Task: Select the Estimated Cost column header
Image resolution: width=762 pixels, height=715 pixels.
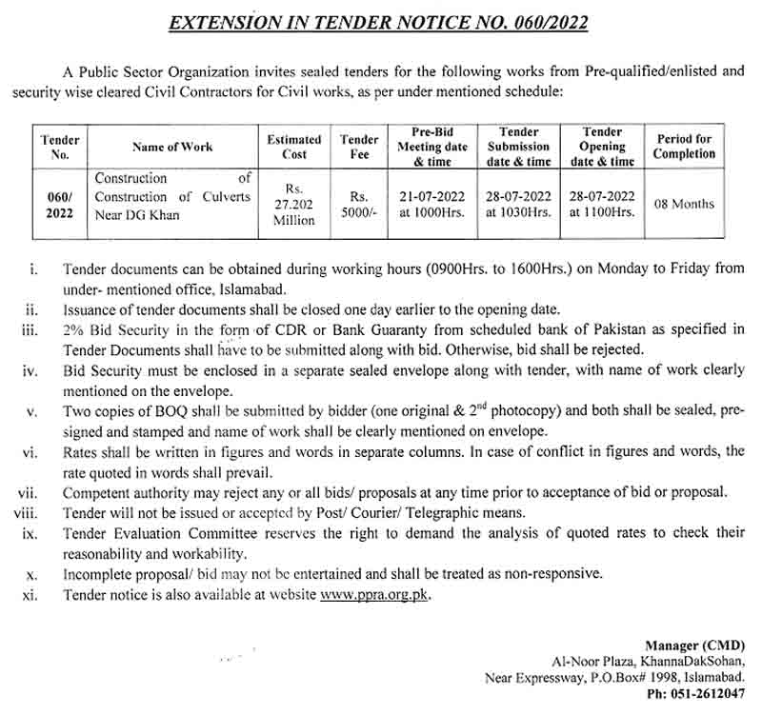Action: click(x=294, y=147)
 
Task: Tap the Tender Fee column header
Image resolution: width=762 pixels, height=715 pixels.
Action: click(x=359, y=147)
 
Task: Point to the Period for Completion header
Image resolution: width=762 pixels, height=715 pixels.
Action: click(x=684, y=147)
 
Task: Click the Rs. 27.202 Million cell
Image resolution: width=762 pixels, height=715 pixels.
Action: click(x=294, y=204)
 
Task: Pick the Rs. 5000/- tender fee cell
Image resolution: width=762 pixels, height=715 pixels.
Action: click(x=359, y=204)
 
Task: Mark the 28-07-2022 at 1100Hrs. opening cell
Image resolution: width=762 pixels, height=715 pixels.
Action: click(x=602, y=204)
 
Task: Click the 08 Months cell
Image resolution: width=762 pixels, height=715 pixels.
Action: click(x=684, y=204)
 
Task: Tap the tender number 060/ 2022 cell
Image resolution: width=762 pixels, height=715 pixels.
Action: click(x=59, y=204)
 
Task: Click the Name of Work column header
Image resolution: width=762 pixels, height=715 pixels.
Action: click(x=172, y=147)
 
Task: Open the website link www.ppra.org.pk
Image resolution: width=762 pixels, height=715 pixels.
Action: click(x=374, y=595)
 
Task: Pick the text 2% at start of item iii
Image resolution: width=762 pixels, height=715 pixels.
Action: click(x=74, y=329)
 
